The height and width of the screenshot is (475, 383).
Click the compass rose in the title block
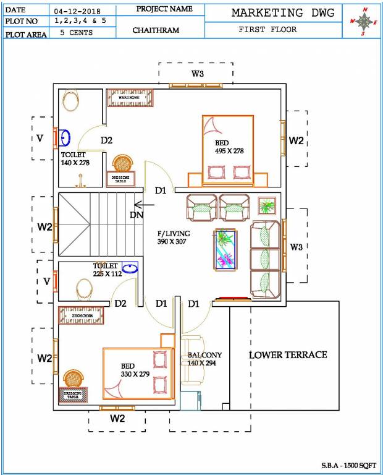coord(364,21)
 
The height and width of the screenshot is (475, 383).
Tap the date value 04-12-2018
coord(76,11)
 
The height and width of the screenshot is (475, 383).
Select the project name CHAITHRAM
coord(155,30)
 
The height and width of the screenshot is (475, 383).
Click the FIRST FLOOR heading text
coord(267,30)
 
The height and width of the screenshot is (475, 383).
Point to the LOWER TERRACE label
coord(288,354)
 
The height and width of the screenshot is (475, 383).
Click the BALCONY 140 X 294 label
coord(204,359)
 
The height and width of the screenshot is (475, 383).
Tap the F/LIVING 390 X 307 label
coord(174,237)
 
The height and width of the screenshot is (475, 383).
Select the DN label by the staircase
coord(137,215)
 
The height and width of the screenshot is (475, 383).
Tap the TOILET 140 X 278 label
coord(76,158)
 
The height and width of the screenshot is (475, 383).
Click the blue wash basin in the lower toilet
coord(130,268)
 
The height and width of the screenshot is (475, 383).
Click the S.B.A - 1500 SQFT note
coord(347,464)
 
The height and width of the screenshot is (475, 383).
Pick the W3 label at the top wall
coord(197,74)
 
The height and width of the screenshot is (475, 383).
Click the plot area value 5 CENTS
coord(76,33)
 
